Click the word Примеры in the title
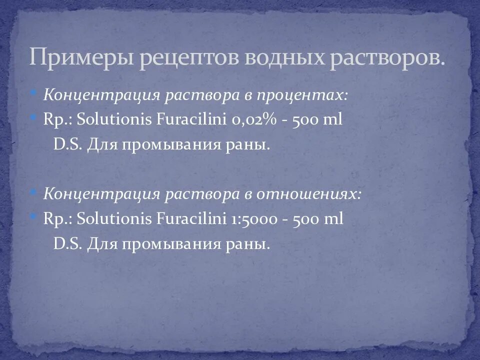coord(80,57)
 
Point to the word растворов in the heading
coord(385,57)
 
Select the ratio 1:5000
coord(253,219)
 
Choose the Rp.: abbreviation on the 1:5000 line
coord(56,219)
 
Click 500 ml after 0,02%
coord(319,121)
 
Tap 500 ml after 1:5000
coord(320,219)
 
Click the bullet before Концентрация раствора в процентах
coord(33,93)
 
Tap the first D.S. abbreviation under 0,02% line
coord(67,145)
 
